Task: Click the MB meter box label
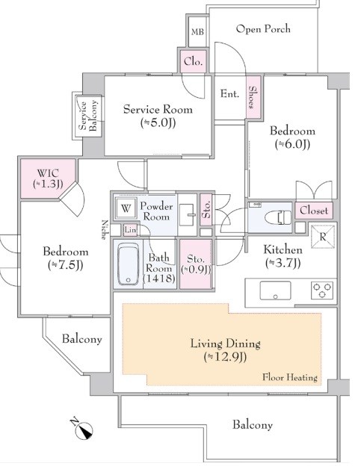coord(197,31)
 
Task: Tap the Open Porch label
coord(263,29)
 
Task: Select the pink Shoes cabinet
coord(253,97)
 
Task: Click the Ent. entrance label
coord(229,94)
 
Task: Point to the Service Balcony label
coord(88,116)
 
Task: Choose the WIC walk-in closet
coord(47,178)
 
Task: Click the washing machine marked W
coord(126,208)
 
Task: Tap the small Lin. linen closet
coord(131,230)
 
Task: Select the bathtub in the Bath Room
coord(128,264)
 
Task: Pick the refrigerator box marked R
coord(322,237)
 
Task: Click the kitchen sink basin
coord(275,290)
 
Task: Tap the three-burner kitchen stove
coord(322,290)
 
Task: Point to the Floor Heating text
coord(290,377)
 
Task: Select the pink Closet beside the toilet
coord(314,211)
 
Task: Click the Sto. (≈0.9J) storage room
coord(196,264)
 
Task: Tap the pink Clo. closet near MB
coord(193,61)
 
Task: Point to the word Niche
coord(104,230)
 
